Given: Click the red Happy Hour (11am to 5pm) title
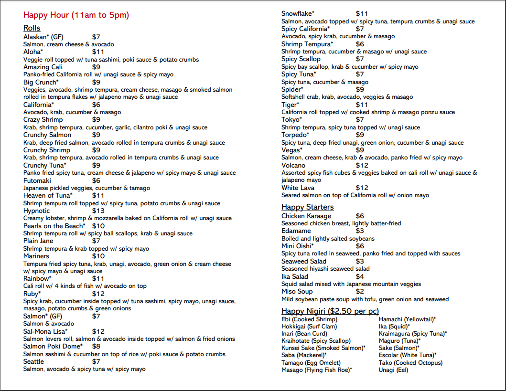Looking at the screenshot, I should [76, 15].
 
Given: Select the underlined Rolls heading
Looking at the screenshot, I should [32, 28].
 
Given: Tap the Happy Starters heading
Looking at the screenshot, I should [307, 207].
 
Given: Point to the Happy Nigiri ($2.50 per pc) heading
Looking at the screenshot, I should [330, 311].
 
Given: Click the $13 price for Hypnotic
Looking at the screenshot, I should [98, 211].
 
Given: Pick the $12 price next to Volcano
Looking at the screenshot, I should [362, 165].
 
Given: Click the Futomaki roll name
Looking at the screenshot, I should [38, 180].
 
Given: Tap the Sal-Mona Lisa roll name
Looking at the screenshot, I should [45, 331].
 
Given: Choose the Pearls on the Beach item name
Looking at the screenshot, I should [54, 226].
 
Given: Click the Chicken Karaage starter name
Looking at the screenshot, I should [306, 216].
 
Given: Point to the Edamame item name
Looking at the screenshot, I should [296, 231].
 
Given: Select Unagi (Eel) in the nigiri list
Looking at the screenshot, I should [394, 370].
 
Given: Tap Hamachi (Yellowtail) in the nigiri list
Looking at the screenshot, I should [407, 319].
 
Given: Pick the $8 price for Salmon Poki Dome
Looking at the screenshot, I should [96, 346].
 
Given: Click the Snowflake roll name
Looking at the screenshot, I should [298, 13].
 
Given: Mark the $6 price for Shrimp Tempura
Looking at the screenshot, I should [360, 44].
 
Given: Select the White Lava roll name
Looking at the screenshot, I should [298, 188].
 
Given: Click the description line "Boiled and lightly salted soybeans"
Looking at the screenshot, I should [328, 238].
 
